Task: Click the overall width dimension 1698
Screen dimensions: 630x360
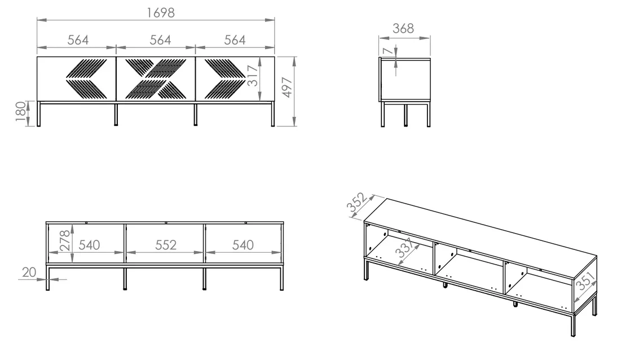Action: pyautogui.click(x=161, y=13)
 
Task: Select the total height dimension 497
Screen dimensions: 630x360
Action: pyautogui.click(x=287, y=87)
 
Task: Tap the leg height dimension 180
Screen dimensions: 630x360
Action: pyautogui.click(x=20, y=111)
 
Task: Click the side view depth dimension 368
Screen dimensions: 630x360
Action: pyautogui.click(x=403, y=29)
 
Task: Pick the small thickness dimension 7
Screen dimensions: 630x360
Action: pyautogui.click(x=387, y=51)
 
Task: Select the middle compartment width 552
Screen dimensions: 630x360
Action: pyautogui.click(x=165, y=245)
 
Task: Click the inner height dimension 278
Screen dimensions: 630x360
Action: pyautogui.click(x=65, y=241)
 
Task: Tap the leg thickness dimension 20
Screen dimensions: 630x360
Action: pyautogui.click(x=29, y=272)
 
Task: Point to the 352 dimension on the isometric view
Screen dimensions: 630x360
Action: pyautogui.click(x=357, y=202)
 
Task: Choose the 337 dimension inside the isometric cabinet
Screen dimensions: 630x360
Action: pyautogui.click(x=404, y=248)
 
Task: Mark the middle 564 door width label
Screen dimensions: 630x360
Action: pyautogui.click(x=160, y=39)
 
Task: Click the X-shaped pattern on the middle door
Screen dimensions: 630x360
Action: pyautogui.click(x=156, y=79)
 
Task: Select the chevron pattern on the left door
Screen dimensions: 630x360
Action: pyautogui.click(x=86, y=79)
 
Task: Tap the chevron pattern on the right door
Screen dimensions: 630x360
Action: pyautogui.click(x=224, y=79)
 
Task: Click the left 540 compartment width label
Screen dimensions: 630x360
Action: pyautogui.click(x=89, y=245)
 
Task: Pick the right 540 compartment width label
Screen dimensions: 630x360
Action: pyautogui.click(x=243, y=245)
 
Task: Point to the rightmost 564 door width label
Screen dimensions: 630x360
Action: pyautogui.click(x=235, y=39)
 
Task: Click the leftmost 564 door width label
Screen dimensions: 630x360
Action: pyautogui.click(x=78, y=39)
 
